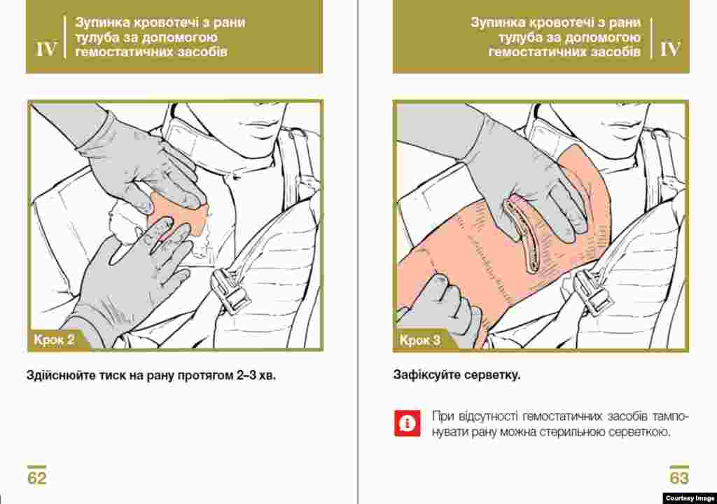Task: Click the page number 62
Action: (x=37, y=478)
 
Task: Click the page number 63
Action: (x=679, y=478)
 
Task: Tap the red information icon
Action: (x=407, y=423)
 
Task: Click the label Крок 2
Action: (x=54, y=340)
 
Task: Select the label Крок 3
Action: (x=420, y=340)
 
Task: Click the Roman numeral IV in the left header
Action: (x=47, y=50)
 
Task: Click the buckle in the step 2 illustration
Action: (x=231, y=290)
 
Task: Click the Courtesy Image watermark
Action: (x=690, y=498)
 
